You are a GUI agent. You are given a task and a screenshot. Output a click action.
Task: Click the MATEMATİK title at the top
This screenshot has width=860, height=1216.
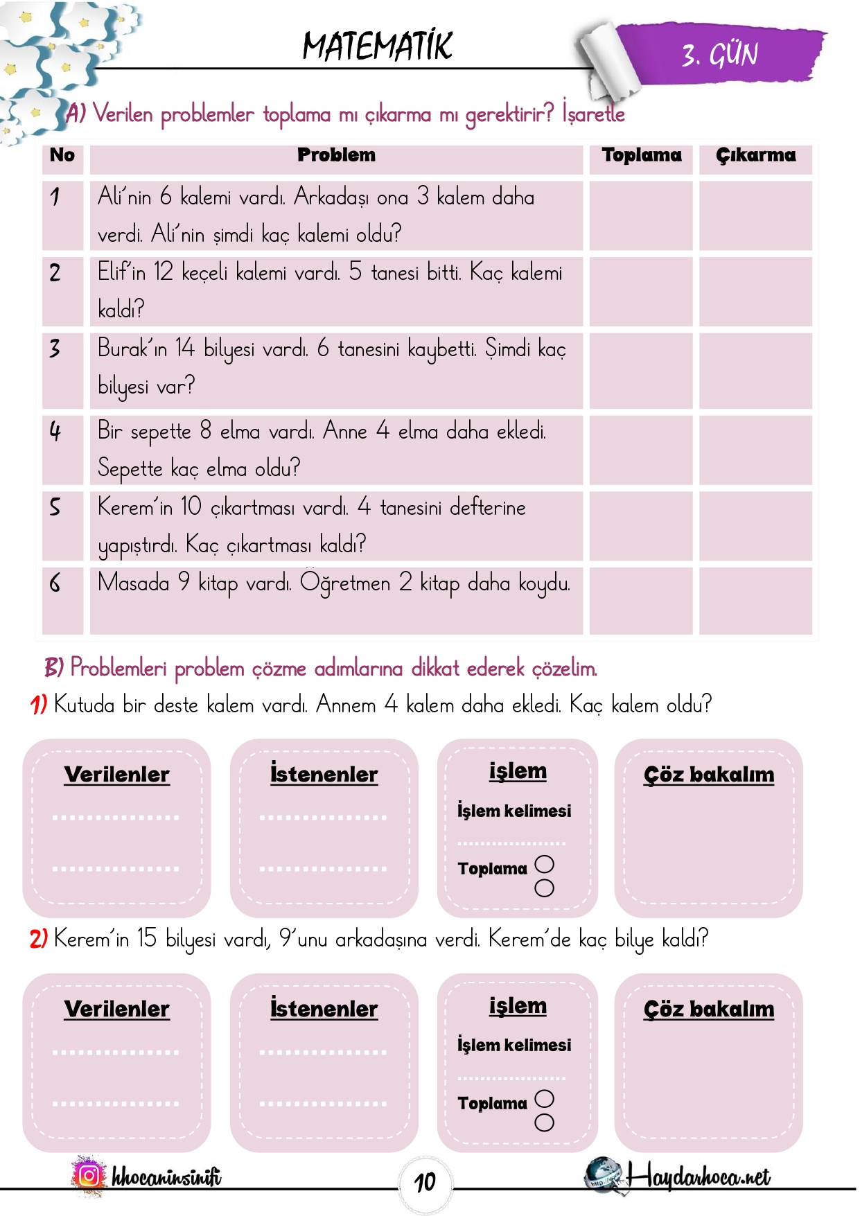pos(378,46)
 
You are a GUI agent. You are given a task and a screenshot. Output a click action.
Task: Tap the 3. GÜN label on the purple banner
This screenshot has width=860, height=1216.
pos(720,55)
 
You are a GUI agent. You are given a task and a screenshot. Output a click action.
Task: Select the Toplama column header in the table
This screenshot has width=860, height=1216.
pos(641,155)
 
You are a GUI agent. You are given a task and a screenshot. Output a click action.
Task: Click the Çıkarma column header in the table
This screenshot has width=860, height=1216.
pos(755,155)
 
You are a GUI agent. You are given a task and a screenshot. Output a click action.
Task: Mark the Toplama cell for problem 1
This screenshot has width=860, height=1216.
pos(641,215)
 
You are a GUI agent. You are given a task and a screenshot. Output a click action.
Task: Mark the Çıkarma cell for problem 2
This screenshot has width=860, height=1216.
pos(755,291)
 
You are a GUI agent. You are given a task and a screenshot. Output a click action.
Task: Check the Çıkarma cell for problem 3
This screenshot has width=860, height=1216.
pos(755,371)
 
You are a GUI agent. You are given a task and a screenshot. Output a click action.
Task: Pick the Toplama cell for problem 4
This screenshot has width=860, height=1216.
pos(641,450)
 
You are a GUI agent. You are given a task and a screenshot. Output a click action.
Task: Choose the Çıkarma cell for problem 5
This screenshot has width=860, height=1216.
pos(755,525)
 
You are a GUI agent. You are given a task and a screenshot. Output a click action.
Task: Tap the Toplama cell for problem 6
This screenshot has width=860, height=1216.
pos(641,600)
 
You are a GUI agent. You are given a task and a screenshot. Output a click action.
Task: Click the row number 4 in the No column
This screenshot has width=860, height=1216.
pos(55,432)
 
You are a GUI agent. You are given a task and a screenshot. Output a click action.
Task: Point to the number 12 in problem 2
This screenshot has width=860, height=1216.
pos(163,272)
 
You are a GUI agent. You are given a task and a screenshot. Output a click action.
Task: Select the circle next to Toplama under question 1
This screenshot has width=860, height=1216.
pos(545,864)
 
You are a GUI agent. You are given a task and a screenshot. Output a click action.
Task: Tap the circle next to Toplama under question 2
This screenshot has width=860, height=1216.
pos(545,1099)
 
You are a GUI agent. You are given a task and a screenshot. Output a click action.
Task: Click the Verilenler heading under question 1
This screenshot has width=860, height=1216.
pos(116,775)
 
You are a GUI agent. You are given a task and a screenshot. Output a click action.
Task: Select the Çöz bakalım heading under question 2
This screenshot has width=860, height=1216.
pos(708,1010)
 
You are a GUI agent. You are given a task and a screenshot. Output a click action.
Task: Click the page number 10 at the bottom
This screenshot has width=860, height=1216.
pos(425,1182)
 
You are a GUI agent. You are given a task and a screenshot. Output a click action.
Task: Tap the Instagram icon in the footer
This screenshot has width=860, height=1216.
pos(89,1176)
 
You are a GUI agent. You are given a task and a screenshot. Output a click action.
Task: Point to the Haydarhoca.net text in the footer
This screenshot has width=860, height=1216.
pos(699,1177)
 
